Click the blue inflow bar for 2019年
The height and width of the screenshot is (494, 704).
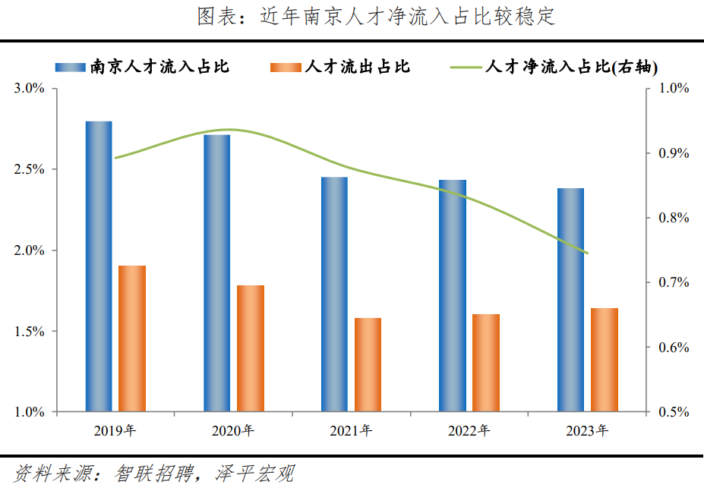[x=99, y=266]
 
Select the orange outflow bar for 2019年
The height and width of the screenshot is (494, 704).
[x=132, y=338]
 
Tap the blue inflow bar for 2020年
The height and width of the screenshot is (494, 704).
[x=216, y=273]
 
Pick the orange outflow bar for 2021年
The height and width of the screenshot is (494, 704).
[x=368, y=365]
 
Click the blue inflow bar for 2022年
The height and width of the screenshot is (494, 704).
[x=453, y=296]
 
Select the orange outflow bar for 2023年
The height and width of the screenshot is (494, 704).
[x=605, y=360]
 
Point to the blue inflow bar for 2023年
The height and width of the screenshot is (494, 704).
[x=570, y=300]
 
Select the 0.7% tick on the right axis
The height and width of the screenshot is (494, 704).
[x=674, y=283]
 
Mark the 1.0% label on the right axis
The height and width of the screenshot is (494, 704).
[x=674, y=89]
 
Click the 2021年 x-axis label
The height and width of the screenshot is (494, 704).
[x=351, y=431]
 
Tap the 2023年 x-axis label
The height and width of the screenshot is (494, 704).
[x=587, y=431]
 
